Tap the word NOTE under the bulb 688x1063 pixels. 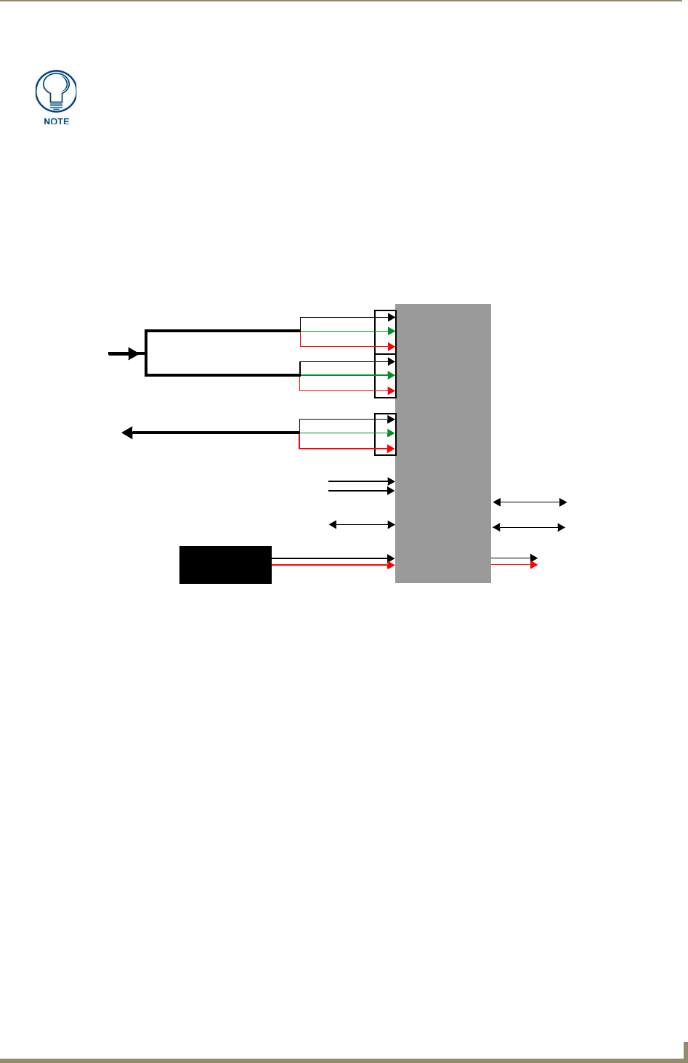(56, 121)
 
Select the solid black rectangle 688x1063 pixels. (225, 564)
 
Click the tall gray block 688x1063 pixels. (442, 443)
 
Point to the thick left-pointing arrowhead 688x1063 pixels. (127, 433)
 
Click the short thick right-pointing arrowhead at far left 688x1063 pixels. (134, 353)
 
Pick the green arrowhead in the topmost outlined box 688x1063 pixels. (392, 332)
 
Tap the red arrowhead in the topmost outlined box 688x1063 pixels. (392, 347)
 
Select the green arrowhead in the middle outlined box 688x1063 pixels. (392, 375)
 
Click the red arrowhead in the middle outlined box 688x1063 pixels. (392, 390)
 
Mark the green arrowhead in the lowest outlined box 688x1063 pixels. (392, 433)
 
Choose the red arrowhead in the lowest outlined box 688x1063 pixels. (392, 449)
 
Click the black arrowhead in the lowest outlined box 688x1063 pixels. (392, 420)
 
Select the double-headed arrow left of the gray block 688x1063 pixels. (362, 524)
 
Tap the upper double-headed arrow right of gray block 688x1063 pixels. (530, 502)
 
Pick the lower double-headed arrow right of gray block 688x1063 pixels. (530, 527)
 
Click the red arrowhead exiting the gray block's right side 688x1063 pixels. (534, 565)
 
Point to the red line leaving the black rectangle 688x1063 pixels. (331, 565)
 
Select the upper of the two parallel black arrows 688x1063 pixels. (361, 481)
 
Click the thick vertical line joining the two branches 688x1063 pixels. (146, 353)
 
